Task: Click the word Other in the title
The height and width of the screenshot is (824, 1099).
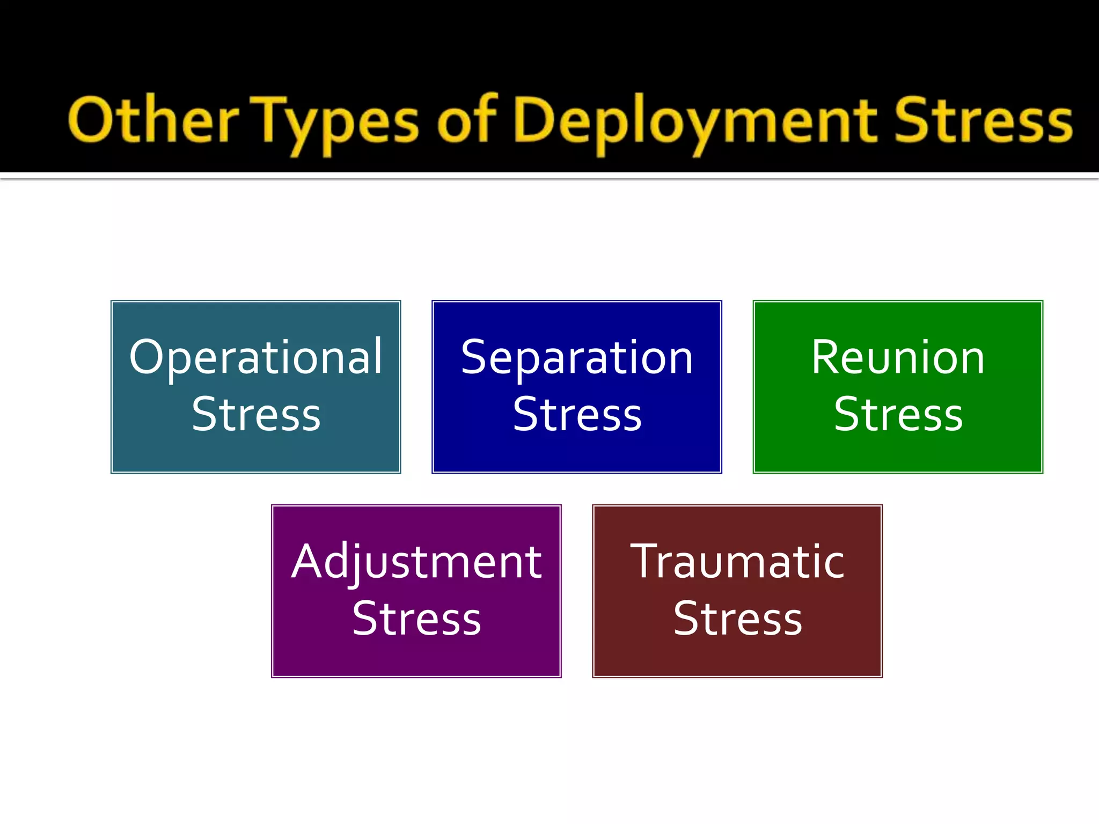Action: coord(153,121)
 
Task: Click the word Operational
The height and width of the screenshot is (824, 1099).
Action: coord(256,357)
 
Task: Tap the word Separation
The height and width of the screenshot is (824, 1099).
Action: coord(577,358)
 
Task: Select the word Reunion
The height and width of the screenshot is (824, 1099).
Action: coord(898,357)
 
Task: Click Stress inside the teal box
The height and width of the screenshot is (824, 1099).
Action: coord(256,414)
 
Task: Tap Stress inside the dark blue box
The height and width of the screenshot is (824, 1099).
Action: coord(577,414)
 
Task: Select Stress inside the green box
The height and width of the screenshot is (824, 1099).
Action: coord(898,414)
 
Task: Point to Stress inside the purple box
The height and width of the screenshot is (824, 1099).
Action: coord(416,619)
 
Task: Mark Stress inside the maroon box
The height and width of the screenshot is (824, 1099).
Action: coord(737,619)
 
